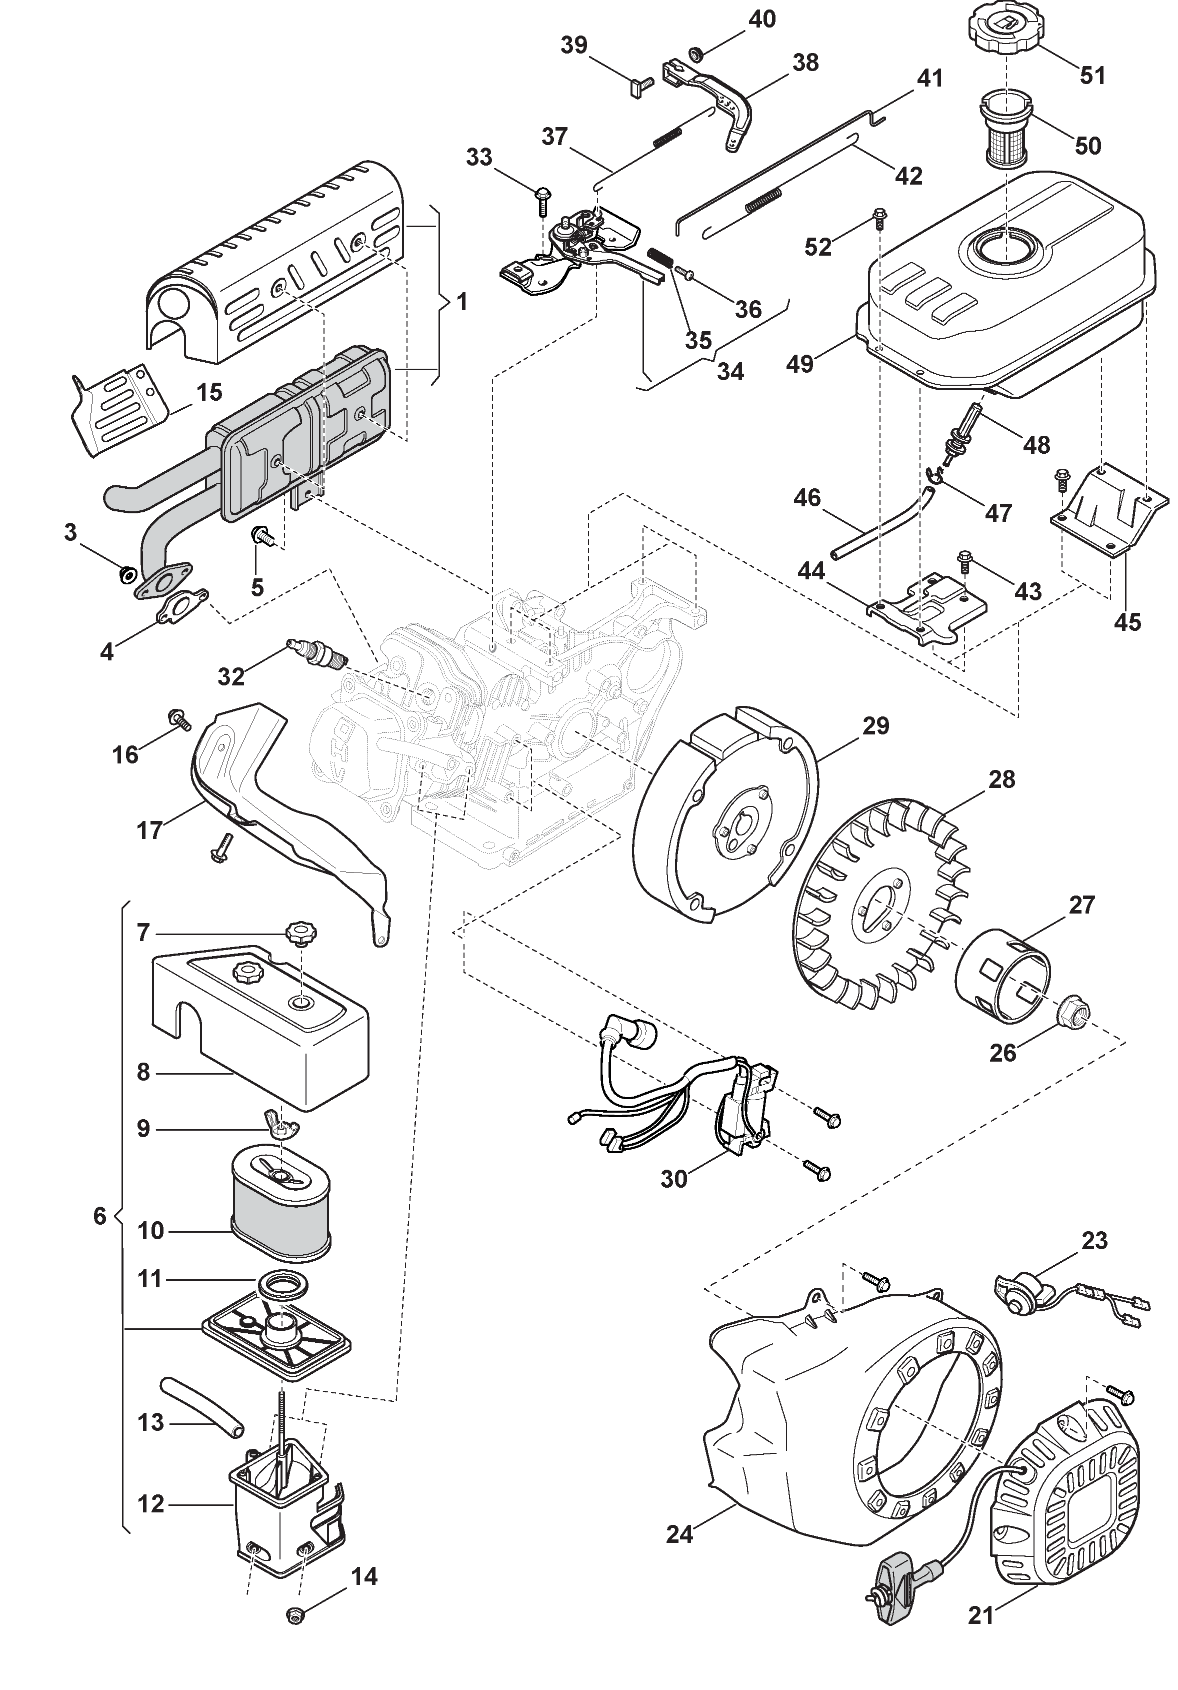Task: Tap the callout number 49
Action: click(800, 363)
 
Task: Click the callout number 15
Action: click(209, 392)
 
